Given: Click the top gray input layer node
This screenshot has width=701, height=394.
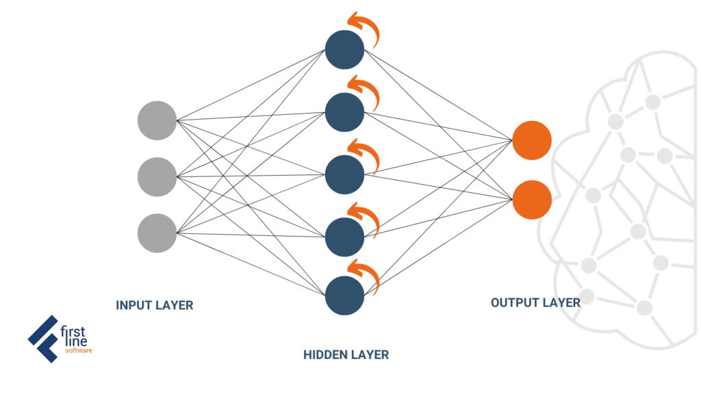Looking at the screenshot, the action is click(157, 120).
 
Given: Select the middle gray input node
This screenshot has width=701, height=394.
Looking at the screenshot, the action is click(157, 177).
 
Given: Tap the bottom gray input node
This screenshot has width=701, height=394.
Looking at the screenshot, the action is click(157, 233).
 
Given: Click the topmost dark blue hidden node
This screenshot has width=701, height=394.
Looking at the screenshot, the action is click(345, 49).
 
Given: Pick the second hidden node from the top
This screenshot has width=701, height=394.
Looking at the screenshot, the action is click(345, 112).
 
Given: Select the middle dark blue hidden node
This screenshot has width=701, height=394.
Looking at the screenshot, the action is click(345, 174).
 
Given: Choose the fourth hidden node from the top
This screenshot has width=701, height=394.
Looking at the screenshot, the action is click(345, 237).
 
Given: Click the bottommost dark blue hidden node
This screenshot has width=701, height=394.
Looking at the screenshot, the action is click(345, 295).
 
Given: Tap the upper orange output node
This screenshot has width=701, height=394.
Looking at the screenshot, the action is click(532, 140).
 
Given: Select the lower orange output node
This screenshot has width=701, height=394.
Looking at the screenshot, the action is click(532, 200).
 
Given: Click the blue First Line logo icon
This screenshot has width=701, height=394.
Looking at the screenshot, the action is click(43, 339).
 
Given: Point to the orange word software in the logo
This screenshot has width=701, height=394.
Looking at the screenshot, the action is click(79, 351).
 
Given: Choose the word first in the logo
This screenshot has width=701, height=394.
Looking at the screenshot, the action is click(73, 332).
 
